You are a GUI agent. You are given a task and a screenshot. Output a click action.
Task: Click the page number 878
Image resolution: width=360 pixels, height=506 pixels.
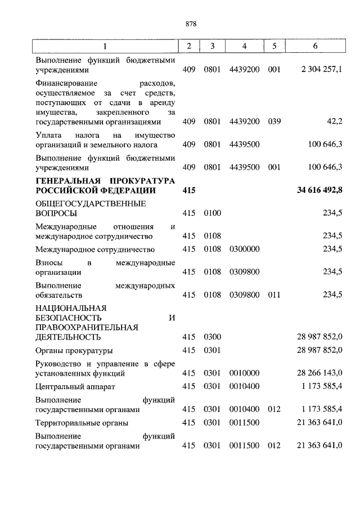[x=190, y=24]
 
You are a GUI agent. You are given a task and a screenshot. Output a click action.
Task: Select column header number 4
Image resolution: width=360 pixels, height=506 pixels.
[x=244, y=46]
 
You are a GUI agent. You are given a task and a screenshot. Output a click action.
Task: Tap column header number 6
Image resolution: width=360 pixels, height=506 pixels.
[x=319, y=46]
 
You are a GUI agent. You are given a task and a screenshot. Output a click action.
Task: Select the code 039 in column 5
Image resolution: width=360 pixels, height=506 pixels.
[x=274, y=120]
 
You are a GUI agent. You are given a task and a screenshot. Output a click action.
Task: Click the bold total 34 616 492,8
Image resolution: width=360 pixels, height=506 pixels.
[x=319, y=191]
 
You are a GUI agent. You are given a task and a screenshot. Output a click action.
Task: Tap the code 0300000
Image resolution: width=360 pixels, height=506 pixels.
[x=244, y=249]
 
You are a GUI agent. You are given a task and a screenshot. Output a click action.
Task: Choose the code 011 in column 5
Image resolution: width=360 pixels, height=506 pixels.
[x=274, y=294]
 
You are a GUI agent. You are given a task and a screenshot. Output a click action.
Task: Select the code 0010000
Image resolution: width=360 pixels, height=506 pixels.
[x=244, y=373]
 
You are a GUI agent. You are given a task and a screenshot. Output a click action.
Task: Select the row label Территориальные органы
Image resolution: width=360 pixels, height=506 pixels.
[x=81, y=422]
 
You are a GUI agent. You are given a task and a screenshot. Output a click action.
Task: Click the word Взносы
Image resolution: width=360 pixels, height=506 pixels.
[x=48, y=263]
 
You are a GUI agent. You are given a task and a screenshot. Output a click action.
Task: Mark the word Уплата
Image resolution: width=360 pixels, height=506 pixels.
[x=48, y=135]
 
